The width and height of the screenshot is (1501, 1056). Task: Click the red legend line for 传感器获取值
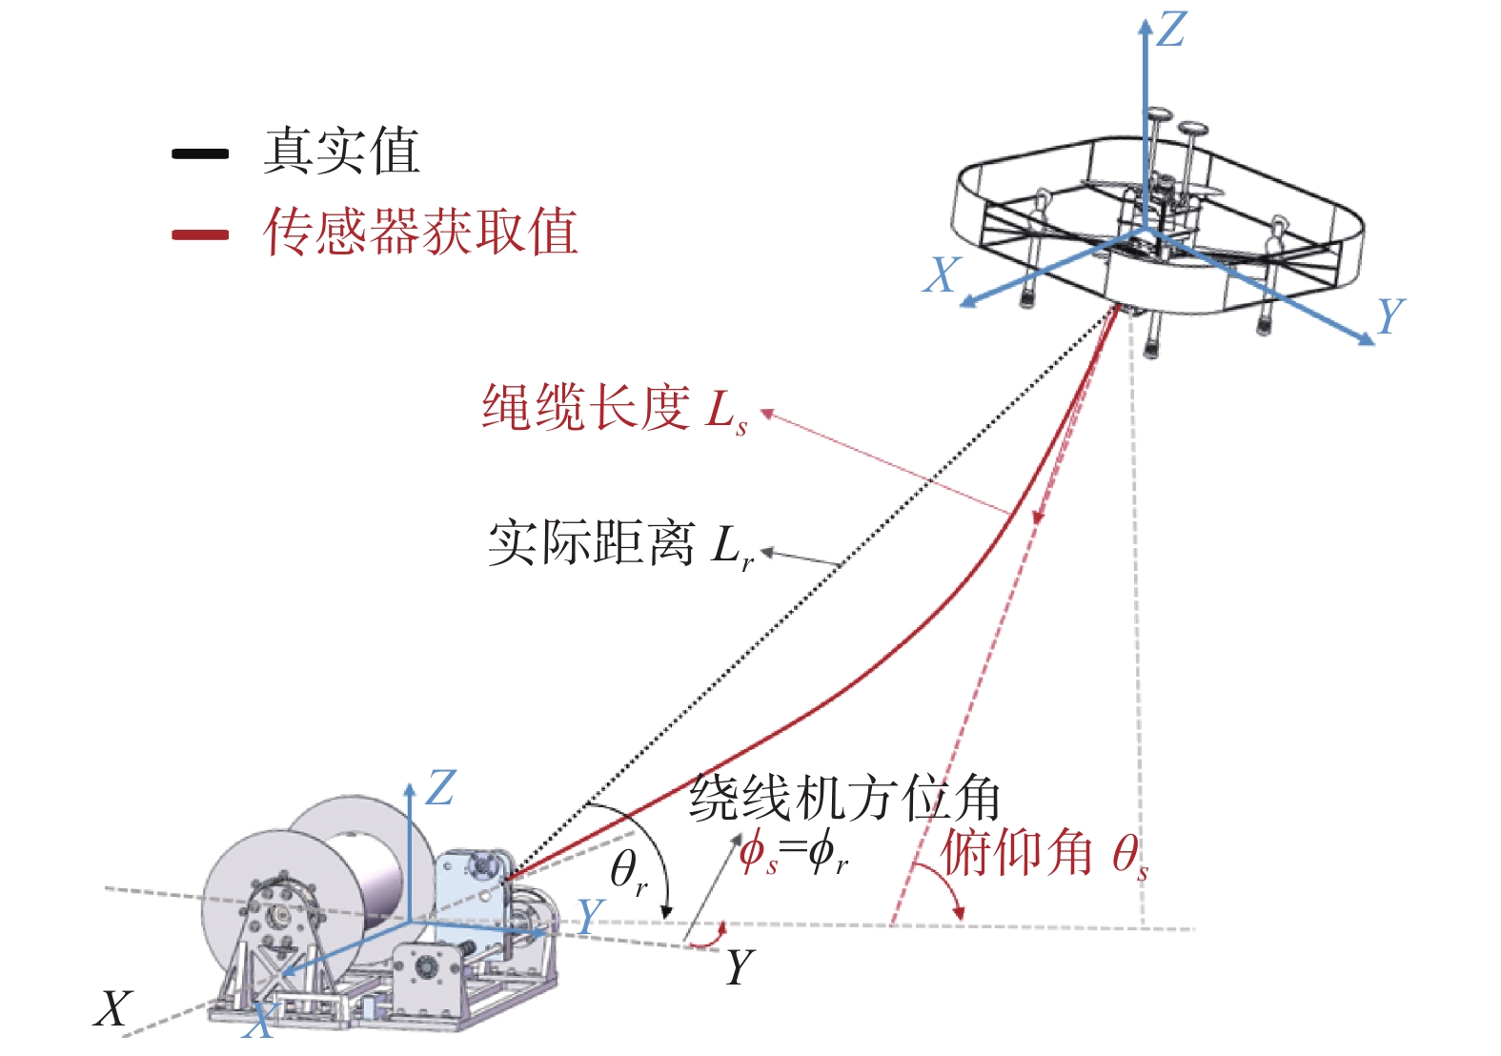(x=200, y=234)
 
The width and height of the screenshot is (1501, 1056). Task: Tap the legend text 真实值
(x=341, y=151)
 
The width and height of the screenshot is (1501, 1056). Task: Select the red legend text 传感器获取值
(x=420, y=232)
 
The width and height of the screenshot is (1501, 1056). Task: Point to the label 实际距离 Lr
(x=620, y=544)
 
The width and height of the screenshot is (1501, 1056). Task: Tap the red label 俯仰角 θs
(x=1045, y=853)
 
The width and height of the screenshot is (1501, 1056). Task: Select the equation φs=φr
(x=794, y=852)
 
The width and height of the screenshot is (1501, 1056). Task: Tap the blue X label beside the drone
(x=942, y=274)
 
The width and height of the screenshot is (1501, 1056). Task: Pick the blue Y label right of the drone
(x=1390, y=315)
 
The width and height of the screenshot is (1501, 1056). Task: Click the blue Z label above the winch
(x=440, y=789)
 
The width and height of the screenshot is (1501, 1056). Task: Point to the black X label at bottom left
(x=112, y=1008)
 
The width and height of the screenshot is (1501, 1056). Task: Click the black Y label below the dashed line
(x=740, y=968)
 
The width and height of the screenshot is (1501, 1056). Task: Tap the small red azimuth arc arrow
(x=710, y=940)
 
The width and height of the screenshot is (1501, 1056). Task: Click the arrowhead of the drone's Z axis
(x=1146, y=27)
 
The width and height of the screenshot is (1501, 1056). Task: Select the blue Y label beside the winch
(x=591, y=916)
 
